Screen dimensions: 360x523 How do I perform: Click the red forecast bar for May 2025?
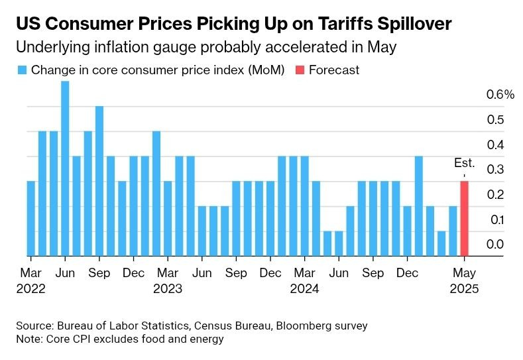[x=465, y=218]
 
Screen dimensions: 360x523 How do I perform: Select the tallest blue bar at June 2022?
[x=65, y=168]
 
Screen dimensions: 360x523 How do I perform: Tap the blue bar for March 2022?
[x=30, y=218]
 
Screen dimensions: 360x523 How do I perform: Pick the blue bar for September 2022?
[x=99, y=180]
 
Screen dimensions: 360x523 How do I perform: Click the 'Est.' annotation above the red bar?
[x=464, y=163]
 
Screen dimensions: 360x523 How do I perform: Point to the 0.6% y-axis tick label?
[x=500, y=95]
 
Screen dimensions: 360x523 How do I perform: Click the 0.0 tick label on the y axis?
[x=495, y=245]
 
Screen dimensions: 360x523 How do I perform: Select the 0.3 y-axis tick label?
[x=495, y=170]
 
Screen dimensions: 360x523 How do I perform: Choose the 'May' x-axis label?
[x=464, y=272]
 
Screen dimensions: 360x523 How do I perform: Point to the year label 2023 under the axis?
[x=167, y=289]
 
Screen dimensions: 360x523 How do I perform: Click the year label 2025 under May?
[x=464, y=289]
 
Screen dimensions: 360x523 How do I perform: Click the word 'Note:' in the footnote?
[x=30, y=339]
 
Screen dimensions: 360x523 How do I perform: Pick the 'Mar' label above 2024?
[x=304, y=272]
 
